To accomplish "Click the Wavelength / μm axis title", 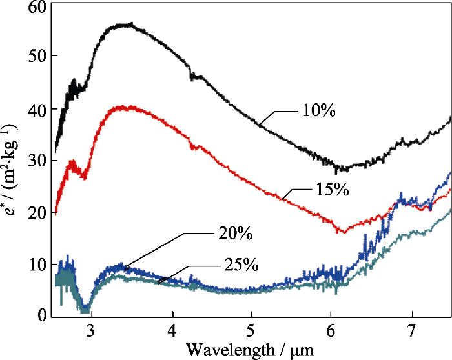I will (251, 350).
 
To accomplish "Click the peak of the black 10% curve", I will (129, 25).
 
